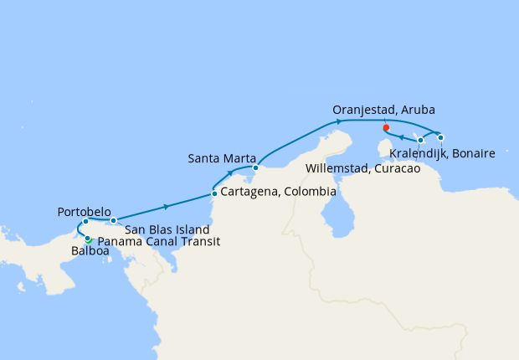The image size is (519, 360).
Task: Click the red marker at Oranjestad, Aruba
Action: (385, 128)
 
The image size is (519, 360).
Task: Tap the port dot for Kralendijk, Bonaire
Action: (441, 137)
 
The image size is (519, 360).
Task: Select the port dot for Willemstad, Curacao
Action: (421, 140)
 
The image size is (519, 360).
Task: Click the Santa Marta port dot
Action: (255, 168)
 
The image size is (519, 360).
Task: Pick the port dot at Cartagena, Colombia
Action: (214, 194)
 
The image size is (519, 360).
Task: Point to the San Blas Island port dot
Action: (113, 220)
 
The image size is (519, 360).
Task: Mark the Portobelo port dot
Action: (85, 222)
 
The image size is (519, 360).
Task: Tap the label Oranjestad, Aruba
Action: (383, 111)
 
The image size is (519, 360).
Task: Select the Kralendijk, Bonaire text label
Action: (442, 154)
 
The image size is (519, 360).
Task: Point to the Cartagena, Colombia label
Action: (278, 193)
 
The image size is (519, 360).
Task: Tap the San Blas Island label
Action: (167, 229)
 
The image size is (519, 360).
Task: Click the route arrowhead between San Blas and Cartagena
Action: (167, 206)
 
